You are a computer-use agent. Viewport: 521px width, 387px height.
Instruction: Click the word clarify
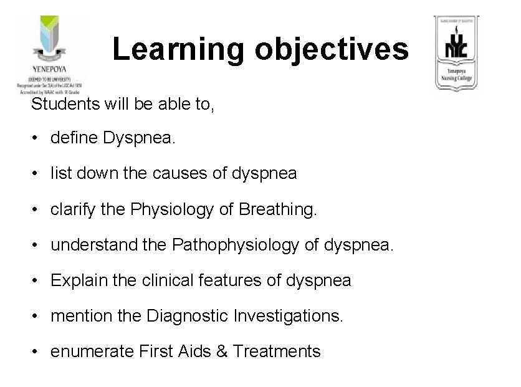point(74,209)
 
